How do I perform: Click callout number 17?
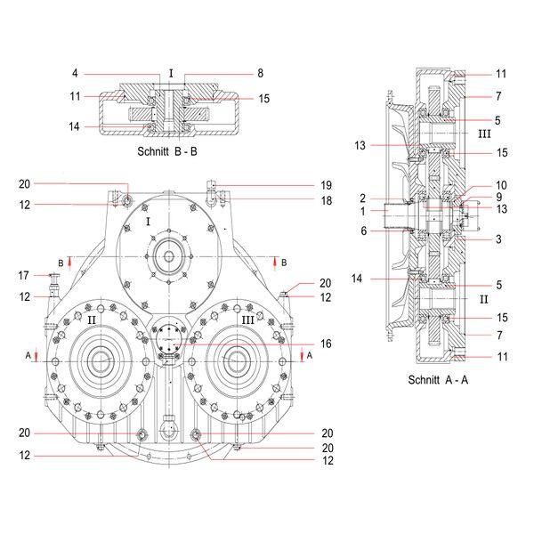tap(25, 275)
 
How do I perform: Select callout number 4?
tap(76, 73)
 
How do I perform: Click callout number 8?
tap(261, 73)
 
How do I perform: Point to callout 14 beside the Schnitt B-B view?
tap(74, 127)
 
